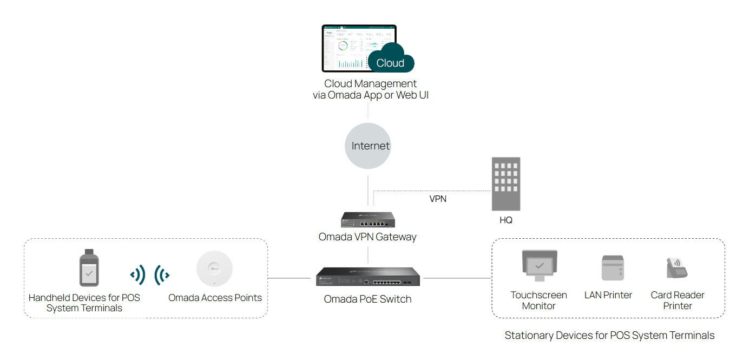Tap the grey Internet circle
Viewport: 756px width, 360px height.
click(x=368, y=146)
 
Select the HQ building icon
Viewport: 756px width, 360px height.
click(x=506, y=184)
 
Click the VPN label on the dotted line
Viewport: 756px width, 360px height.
click(x=438, y=199)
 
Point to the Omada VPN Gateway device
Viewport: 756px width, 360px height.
click(x=368, y=219)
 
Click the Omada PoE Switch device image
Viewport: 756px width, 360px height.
click(x=368, y=277)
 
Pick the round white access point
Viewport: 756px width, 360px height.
click(x=214, y=269)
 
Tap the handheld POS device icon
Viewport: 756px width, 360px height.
click(x=89, y=268)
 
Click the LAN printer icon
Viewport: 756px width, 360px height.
click(x=613, y=268)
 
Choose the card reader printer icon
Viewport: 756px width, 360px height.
click(x=676, y=267)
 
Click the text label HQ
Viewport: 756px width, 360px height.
click(x=506, y=220)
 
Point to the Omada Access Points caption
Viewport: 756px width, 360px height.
click(x=215, y=298)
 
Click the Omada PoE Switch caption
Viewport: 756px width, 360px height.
click(x=368, y=299)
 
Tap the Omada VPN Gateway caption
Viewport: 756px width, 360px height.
click(x=368, y=237)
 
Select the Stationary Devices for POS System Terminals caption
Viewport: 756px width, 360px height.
click(x=609, y=335)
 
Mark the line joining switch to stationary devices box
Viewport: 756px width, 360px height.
click(x=457, y=278)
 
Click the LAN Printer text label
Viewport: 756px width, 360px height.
click(x=608, y=295)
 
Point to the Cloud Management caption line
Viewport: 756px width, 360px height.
click(x=370, y=84)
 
